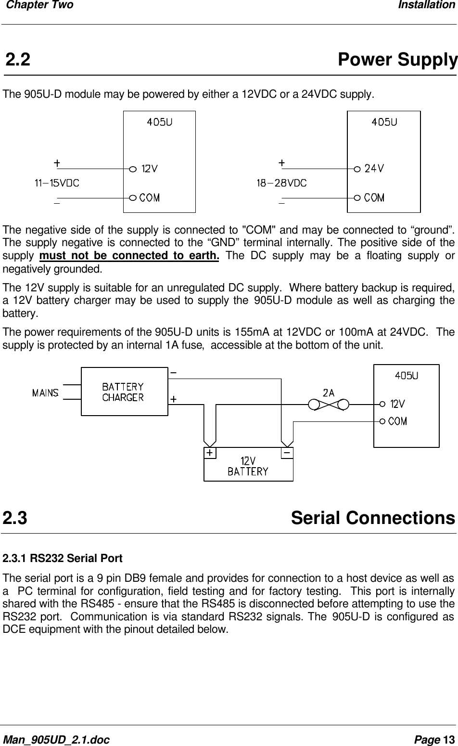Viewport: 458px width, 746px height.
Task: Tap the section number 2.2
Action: coord(18,60)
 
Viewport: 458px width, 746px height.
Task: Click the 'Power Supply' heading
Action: coord(397,60)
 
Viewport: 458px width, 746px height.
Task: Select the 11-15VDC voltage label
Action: coord(57,183)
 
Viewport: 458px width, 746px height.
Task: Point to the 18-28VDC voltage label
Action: coord(281,183)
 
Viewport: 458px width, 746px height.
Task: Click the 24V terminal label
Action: coord(374,169)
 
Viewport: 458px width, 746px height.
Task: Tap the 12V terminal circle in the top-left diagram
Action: coord(133,169)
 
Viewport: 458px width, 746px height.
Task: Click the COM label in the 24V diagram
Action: coord(374,197)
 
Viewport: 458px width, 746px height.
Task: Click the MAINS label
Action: coord(45,393)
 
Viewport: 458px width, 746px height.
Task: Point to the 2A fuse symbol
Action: coord(329,404)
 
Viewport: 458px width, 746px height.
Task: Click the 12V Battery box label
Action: coord(248,466)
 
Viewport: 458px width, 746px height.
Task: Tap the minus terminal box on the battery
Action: coord(287,453)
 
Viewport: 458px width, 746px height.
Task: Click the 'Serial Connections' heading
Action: coord(373,518)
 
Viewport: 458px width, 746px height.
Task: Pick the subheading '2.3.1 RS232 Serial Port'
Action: coord(63,559)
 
